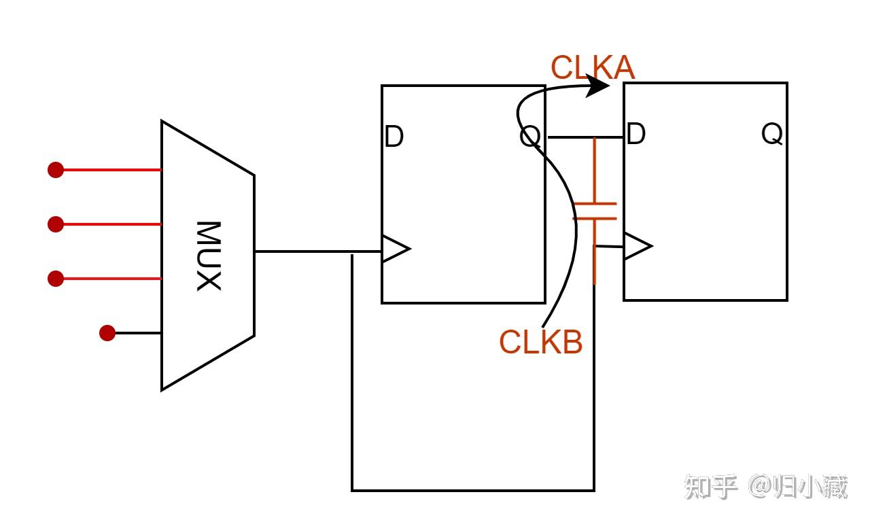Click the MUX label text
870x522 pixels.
(209, 256)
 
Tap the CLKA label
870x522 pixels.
(592, 68)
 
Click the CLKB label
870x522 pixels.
(541, 343)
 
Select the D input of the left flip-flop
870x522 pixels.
(394, 137)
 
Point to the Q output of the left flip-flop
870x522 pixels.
(530, 137)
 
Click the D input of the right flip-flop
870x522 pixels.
(636, 135)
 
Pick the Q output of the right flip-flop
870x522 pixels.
(772, 135)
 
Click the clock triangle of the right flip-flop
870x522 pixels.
(637, 247)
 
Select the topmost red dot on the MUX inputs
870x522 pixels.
(56, 169)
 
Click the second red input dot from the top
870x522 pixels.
(56, 224)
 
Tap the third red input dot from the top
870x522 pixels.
(56, 278)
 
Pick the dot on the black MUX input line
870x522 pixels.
(107, 333)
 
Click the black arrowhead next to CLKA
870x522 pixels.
(598, 86)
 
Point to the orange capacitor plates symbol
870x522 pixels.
(595, 211)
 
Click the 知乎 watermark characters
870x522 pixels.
(711, 487)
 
